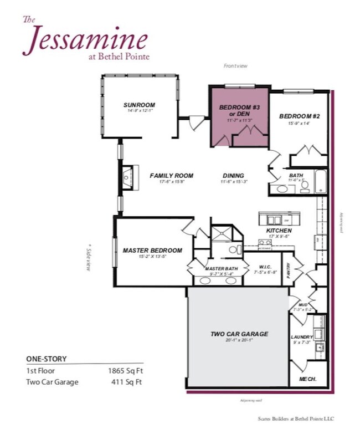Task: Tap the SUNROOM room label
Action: point(139,105)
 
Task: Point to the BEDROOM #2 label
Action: point(300,116)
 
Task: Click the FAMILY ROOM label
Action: point(172,176)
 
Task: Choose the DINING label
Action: point(233,176)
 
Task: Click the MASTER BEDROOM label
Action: point(152,250)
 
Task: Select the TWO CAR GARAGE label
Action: point(239,334)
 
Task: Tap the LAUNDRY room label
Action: point(302,337)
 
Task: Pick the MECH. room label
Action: point(307,379)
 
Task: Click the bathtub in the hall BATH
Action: point(321,181)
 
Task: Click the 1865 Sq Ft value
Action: point(128,370)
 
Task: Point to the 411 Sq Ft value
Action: point(131,382)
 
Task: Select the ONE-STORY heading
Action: point(47,359)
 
